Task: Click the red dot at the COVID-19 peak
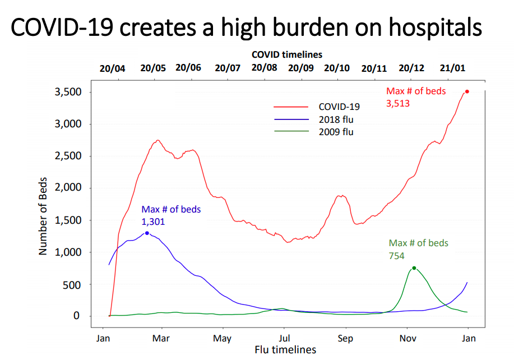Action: click(x=467, y=91)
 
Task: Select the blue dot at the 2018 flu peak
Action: click(x=147, y=233)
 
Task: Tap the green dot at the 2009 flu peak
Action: click(x=414, y=268)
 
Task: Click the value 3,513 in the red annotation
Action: click(x=399, y=103)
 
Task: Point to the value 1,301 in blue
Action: click(x=154, y=221)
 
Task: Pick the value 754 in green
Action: click(x=397, y=255)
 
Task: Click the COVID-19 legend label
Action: click(x=339, y=107)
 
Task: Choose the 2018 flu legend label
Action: click(x=336, y=119)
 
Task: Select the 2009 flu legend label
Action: click(x=336, y=132)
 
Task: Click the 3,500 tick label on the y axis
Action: click(x=68, y=92)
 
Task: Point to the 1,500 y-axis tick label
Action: click(x=68, y=220)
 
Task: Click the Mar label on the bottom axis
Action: click(x=161, y=338)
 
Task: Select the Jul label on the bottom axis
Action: click(x=285, y=338)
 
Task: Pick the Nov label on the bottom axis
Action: click(x=407, y=338)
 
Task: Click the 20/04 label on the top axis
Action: click(x=113, y=68)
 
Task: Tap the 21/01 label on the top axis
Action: click(x=452, y=68)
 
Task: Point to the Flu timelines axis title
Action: click(x=285, y=350)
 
